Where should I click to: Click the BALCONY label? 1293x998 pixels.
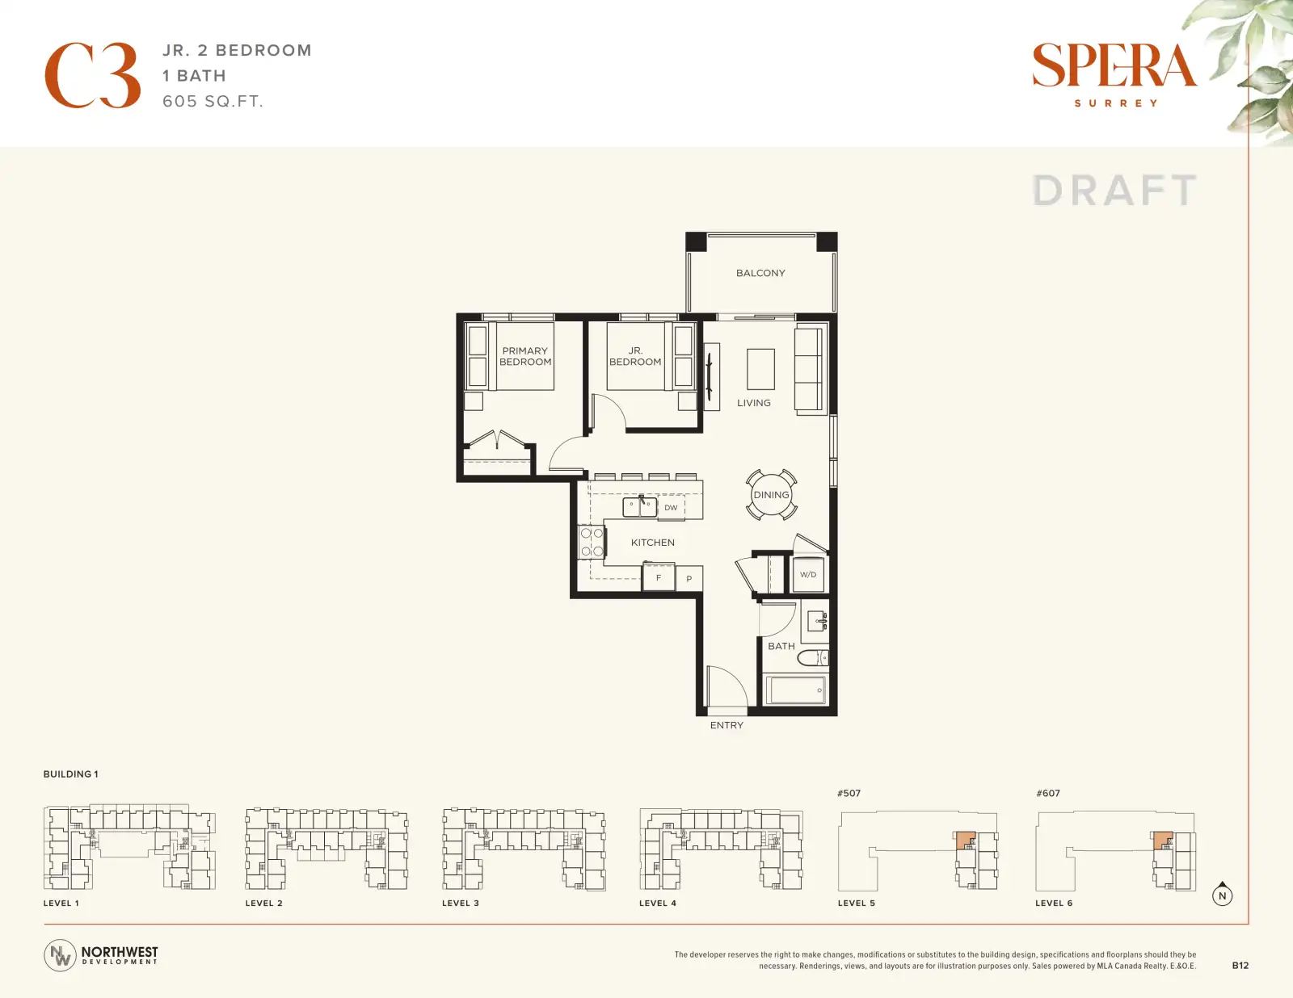click(x=760, y=273)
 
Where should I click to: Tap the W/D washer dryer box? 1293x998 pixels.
click(x=808, y=574)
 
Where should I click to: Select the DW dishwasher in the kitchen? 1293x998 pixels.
click(x=671, y=508)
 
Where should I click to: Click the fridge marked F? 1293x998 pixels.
click(x=658, y=577)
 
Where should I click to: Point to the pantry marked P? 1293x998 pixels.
click(x=689, y=578)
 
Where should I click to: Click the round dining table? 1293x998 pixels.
click(x=771, y=494)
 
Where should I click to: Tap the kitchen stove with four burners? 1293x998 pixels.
click(x=592, y=542)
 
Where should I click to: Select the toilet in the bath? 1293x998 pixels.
click(x=813, y=657)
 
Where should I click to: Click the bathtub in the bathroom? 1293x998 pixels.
click(x=795, y=690)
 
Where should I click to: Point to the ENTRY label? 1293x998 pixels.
click(x=727, y=725)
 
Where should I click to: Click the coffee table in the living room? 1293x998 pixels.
click(x=760, y=369)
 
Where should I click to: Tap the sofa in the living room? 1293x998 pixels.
click(x=811, y=368)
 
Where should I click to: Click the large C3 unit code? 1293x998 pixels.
click(x=93, y=75)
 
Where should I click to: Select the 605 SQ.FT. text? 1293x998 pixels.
click(x=213, y=101)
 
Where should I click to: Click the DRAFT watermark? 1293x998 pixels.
click(x=1114, y=191)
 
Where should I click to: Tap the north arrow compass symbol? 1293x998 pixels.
click(x=1222, y=894)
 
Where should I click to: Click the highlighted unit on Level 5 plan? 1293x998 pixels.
click(x=965, y=841)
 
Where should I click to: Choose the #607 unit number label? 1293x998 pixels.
click(x=1048, y=793)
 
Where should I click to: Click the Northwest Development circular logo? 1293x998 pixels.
click(x=60, y=955)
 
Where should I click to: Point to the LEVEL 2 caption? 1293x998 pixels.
click(x=263, y=903)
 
